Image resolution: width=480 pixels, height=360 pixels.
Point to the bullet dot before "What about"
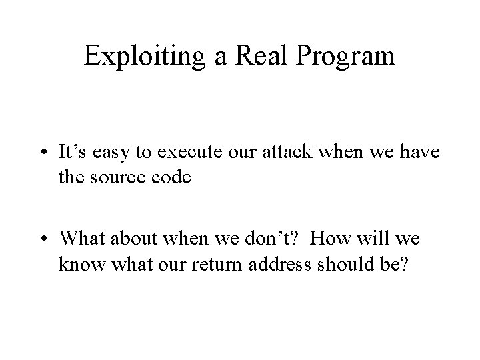coord(43,237)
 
